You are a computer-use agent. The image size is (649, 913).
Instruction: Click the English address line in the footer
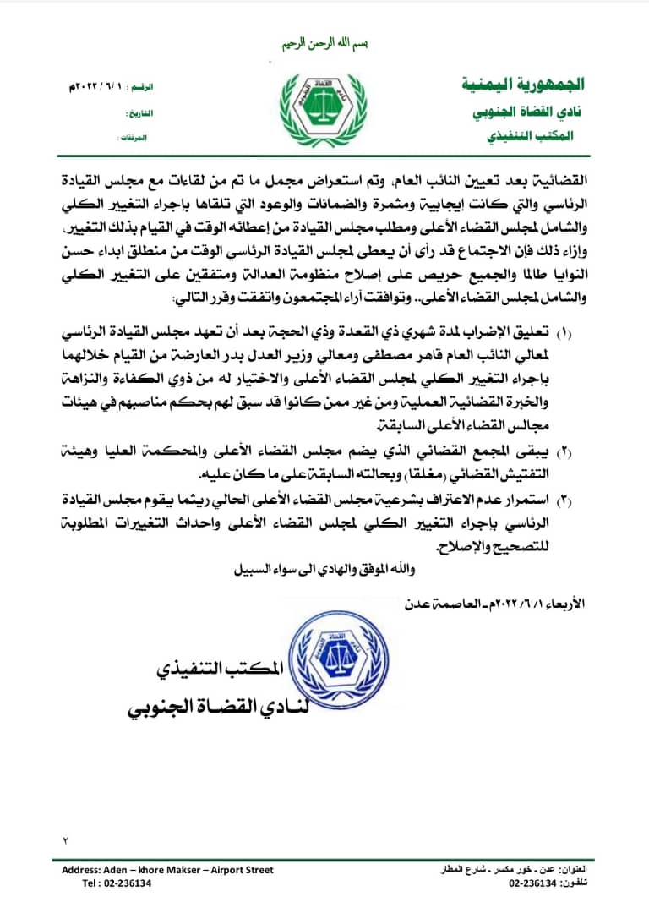167,869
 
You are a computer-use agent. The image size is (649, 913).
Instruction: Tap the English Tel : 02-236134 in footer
117,883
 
